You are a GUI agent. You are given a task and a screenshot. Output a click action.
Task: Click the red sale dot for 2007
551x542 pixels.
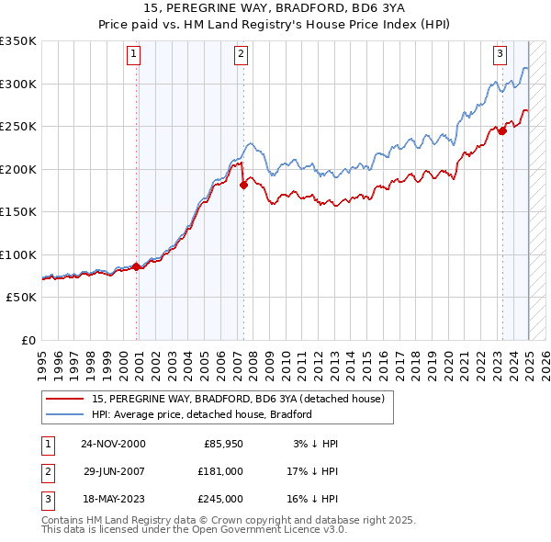243,185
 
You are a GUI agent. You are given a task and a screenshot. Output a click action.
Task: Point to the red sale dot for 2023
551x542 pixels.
502,130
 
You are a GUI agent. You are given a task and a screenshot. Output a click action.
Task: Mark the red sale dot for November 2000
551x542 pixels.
137,266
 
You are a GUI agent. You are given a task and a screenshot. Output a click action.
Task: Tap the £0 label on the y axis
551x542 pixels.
28,340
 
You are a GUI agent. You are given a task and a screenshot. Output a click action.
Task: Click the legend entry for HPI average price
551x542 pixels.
202,414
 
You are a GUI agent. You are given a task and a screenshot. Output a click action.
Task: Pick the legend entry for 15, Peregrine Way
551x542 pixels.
242,399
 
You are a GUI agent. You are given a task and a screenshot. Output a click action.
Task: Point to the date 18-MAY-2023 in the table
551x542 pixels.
113,499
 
